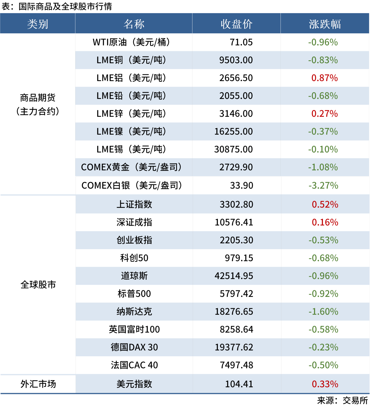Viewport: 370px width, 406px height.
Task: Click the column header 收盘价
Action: [x=236, y=24]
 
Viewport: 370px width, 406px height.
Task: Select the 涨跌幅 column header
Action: [x=325, y=24]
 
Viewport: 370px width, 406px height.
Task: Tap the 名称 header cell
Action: [x=134, y=24]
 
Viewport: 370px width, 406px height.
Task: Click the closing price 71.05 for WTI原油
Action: [x=241, y=42]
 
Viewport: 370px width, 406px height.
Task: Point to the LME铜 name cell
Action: [x=132, y=60]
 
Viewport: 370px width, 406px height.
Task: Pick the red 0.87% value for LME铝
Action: [x=324, y=78]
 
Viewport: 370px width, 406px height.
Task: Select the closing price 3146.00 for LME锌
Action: [x=236, y=114]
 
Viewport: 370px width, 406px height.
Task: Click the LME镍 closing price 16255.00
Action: [x=233, y=131]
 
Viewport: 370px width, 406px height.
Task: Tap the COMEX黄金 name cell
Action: [x=132, y=167]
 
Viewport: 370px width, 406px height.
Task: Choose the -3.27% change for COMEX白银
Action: [x=323, y=185]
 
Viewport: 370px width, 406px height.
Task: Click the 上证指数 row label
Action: [x=134, y=204]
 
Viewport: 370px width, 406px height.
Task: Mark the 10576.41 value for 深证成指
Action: [x=234, y=222]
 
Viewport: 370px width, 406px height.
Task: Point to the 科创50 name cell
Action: [x=134, y=258]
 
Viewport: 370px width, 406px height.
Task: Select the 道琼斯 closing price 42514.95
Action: [x=234, y=276]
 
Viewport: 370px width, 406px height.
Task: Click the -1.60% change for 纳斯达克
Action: [x=323, y=311]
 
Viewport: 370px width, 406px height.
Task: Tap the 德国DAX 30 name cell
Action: [x=134, y=347]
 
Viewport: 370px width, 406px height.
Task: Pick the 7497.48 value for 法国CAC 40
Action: [x=236, y=365]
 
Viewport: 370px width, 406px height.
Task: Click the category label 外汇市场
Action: [x=38, y=384]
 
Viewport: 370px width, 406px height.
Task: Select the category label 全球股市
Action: [x=38, y=285]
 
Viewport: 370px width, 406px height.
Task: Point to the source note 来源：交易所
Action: [x=343, y=400]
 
